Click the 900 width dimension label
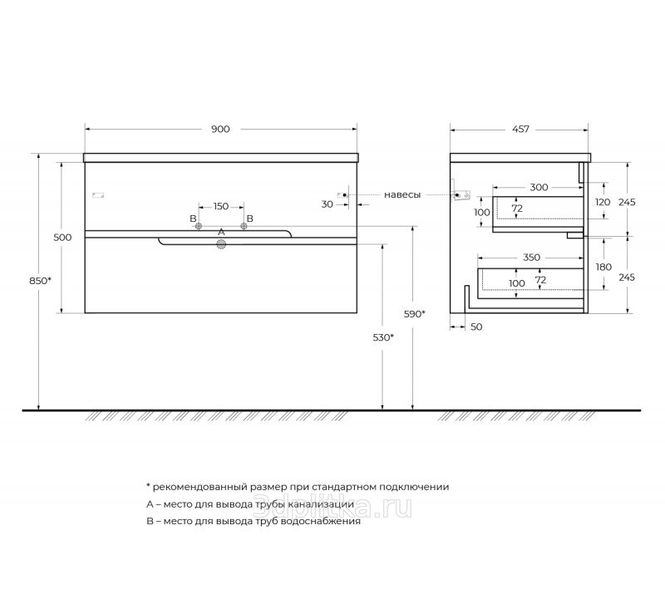pos(220,129)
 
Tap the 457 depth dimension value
pos(520,129)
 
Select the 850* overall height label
pos(40,281)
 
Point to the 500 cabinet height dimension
pos(62,238)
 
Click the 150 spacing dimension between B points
pos(221,206)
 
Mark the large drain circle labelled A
pos(221,244)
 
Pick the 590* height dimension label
pos(414,314)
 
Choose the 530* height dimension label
pos(383,337)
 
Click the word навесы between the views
pos(402,195)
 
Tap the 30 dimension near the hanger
pos(327,204)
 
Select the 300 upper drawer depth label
pos(539,187)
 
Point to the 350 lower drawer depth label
pos(531,258)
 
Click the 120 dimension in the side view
pos(603,202)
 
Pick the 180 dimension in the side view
pos(603,267)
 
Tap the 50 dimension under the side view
pos(476,327)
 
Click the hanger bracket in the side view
pos(460,194)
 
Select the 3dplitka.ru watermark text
pos(332,507)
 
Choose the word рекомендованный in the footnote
pos(200,487)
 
